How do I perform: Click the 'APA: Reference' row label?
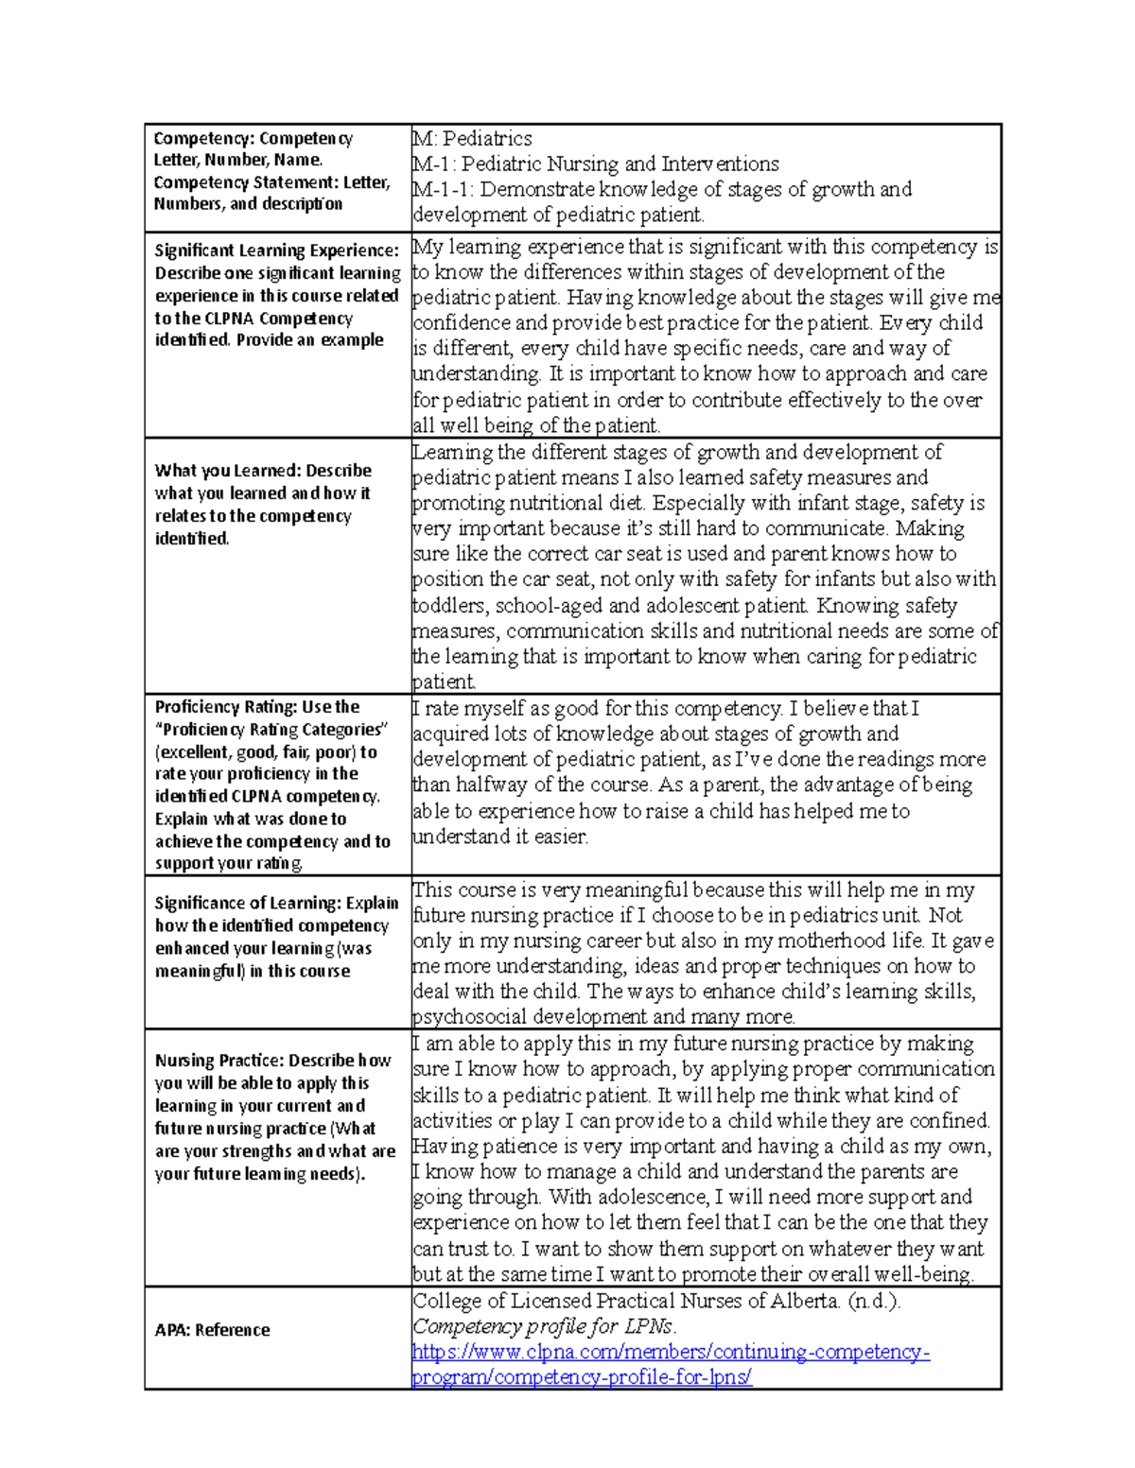[x=212, y=1329]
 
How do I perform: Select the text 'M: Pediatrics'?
[x=472, y=138]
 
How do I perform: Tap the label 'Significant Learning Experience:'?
[x=276, y=250]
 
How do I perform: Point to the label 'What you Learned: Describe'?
[x=263, y=470]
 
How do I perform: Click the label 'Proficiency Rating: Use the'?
[x=256, y=706]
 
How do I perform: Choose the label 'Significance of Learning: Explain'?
[x=276, y=903]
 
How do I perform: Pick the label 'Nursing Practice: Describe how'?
[x=272, y=1061]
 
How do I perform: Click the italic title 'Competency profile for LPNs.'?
[x=544, y=1326]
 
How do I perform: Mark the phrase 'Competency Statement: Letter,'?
[x=271, y=181]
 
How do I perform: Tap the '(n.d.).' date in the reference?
[x=873, y=1301]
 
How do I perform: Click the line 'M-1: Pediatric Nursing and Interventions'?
[x=595, y=164]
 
